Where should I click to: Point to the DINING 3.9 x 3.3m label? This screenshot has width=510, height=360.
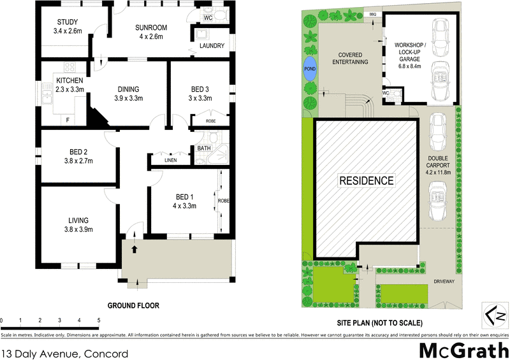coord(127,94)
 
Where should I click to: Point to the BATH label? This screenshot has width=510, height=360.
coord(203,148)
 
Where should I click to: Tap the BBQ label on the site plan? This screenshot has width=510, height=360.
coord(373,13)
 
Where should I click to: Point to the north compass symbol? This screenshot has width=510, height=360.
coord(495,315)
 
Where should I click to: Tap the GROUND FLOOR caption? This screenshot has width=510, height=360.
coord(133,306)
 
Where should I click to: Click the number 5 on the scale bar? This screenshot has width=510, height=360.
coord(99,320)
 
